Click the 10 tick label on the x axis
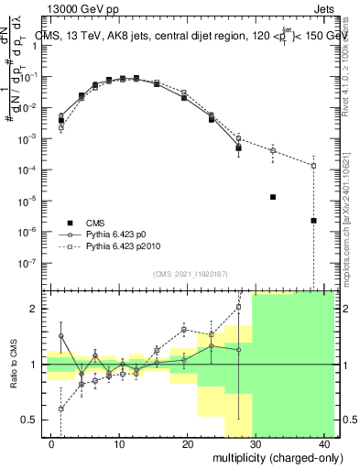[119, 445]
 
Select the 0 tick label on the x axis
[51, 445]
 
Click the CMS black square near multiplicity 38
[313, 220]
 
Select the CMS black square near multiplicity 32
[272, 197]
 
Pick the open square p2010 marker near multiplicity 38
[313, 166]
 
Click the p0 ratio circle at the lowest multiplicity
[61, 336]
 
